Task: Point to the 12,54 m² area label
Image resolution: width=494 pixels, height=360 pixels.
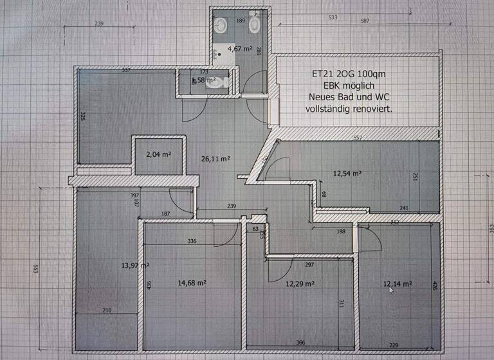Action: pyautogui.click(x=347, y=173)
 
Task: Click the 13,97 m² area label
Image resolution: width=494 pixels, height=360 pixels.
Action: pyautogui.click(x=135, y=265)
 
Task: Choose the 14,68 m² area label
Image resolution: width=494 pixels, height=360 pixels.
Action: pyautogui.click(x=192, y=282)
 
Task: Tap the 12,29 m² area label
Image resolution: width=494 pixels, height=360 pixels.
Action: pyautogui.click(x=300, y=283)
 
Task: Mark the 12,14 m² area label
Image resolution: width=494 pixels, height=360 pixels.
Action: pyautogui.click(x=397, y=283)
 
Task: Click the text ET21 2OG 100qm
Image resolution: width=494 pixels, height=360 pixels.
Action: pyautogui.click(x=350, y=74)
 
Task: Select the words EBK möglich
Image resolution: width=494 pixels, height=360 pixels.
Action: pyautogui.click(x=349, y=85)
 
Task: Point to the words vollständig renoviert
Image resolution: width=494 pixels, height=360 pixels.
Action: pyautogui.click(x=349, y=109)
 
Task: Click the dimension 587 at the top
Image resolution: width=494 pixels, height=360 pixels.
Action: pyautogui.click(x=365, y=21)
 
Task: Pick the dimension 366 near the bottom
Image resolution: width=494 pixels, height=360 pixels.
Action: pyautogui.click(x=301, y=343)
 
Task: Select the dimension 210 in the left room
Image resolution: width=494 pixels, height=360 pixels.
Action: pyautogui.click(x=106, y=310)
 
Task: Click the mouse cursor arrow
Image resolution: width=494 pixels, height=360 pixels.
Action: pyautogui.click(x=390, y=290)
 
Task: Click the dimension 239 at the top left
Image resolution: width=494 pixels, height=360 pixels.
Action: pyautogui.click(x=98, y=24)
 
